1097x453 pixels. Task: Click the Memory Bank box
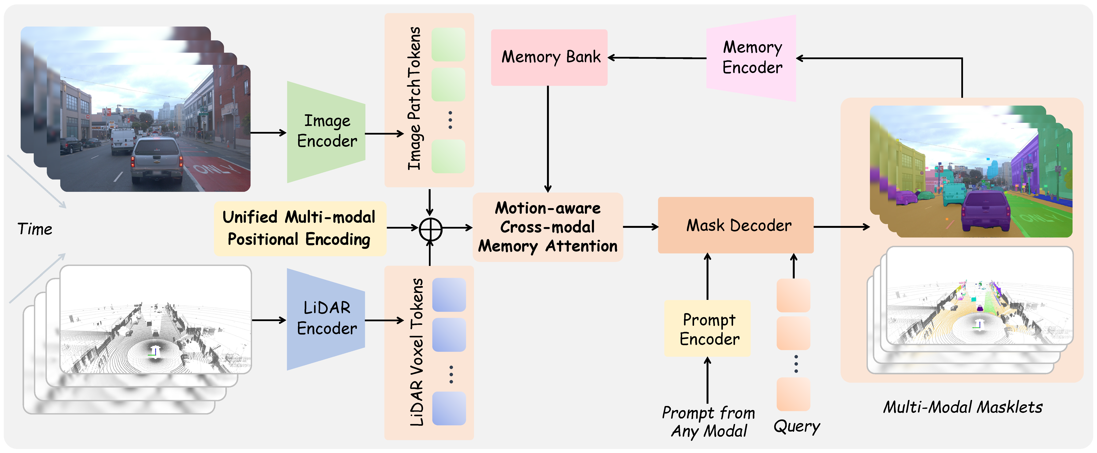click(549, 57)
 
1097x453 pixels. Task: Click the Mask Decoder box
click(736, 225)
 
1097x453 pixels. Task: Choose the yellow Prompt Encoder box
click(707, 328)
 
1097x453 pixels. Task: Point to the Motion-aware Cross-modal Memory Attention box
click(548, 227)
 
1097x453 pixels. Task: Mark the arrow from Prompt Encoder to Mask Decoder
click(707, 277)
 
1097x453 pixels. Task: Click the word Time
click(35, 229)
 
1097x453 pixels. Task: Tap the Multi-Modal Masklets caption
click(962, 407)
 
